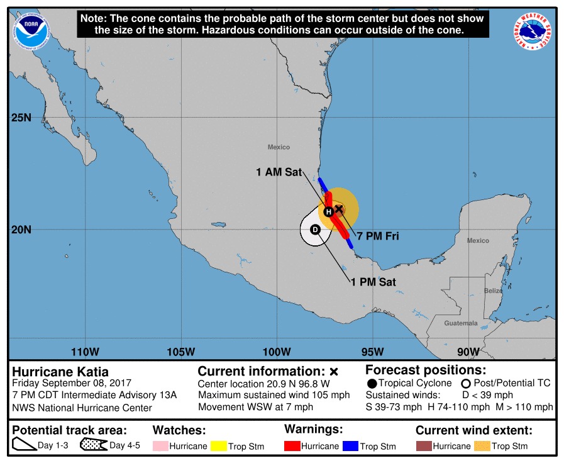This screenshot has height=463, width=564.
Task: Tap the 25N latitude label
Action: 21,118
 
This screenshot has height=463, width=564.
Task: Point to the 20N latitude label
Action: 21,229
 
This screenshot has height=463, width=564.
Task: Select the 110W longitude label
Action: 85,351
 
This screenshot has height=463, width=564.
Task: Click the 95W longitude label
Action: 373,351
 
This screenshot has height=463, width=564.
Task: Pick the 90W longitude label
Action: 468,351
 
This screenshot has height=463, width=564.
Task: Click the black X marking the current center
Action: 338,208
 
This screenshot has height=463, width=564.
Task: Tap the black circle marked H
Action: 328,212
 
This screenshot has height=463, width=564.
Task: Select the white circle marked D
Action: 316,230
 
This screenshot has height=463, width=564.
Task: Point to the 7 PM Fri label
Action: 379,237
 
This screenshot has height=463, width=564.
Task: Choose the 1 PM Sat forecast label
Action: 373,282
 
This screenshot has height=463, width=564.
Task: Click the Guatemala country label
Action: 461,323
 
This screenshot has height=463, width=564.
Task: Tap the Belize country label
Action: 494,291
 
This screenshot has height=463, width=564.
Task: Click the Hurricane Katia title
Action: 60,372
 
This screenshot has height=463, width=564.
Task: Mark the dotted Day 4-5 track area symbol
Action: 93,445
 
